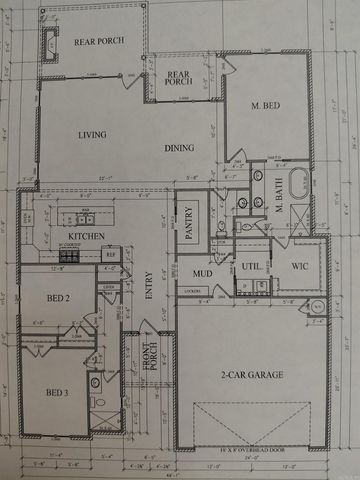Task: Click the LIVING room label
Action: click(92, 133)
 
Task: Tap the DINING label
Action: click(179, 148)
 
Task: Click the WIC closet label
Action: click(299, 267)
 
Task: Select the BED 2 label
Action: click(58, 298)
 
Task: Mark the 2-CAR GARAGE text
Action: click(253, 375)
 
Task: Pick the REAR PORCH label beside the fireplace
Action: click(98, 42)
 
